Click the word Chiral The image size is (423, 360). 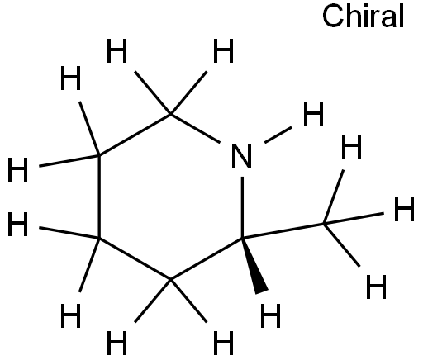tap(363, 17)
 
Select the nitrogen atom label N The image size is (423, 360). tap(242, 156)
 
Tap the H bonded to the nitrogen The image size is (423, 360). tap(313, 115)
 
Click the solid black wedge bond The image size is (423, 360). tap(254, 264)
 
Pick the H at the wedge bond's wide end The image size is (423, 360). tap(270, 315)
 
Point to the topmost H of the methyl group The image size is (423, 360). tap(351, 147)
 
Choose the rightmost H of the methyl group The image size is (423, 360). tap(404, 209)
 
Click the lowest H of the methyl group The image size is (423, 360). tap(377, 287)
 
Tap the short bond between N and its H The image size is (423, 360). tap(278, 135)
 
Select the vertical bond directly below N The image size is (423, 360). tap(242, 207)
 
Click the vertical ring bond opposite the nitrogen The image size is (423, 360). tap(99, 197)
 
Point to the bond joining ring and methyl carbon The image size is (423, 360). tap(283, 230)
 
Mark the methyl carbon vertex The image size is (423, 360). tap(325, 224)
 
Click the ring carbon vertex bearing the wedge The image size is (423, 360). tap(242, 238)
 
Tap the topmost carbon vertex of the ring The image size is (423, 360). tap(171, 114)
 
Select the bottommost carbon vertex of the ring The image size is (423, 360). tap(171, 279)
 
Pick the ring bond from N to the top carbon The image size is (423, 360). tap(195, 128)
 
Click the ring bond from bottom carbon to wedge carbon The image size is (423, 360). tap(207, 258)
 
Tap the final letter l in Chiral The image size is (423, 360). tap(402, 17)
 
